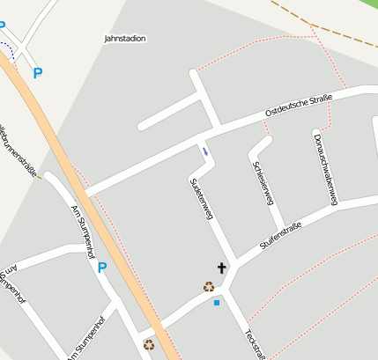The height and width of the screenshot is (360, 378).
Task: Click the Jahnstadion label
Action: tap(125, 39)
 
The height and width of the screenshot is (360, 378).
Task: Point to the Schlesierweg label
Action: tap(262, 183)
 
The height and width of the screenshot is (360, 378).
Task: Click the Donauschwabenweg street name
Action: tap(325, 168)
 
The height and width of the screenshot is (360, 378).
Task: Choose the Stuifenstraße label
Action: tap(281, 235)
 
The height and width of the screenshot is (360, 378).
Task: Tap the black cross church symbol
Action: tap(221, 268)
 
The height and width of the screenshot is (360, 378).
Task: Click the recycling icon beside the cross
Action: tap(209, 285)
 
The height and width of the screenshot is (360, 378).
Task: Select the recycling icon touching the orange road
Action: tap(148, 345)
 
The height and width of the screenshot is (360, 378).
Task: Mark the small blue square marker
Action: tap(217, 303)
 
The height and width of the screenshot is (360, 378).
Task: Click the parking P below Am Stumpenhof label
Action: tap(101, 268)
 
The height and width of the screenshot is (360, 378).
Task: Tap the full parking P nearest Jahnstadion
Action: tap(37, 74)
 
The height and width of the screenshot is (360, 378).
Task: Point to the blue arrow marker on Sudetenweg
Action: tap(205, 151)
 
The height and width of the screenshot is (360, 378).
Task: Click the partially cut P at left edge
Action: tap(3, 27)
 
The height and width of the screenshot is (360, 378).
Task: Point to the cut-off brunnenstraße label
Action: tap(19, 151)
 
